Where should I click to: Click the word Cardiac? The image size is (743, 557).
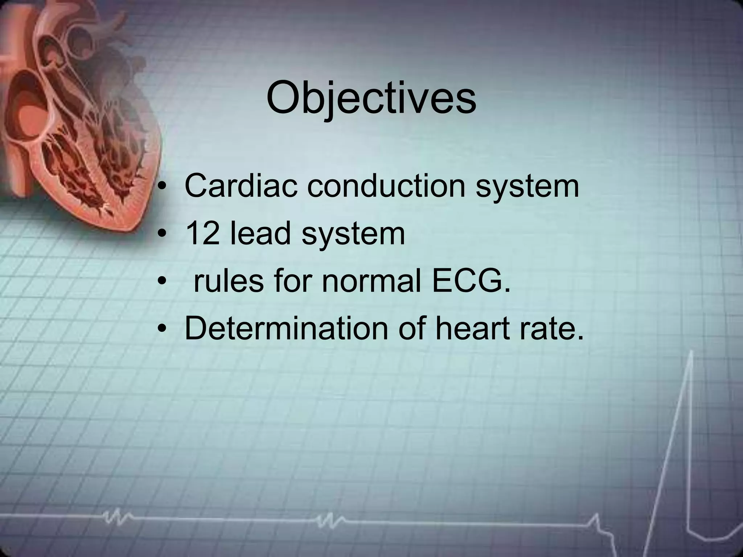[x=241, y=186]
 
